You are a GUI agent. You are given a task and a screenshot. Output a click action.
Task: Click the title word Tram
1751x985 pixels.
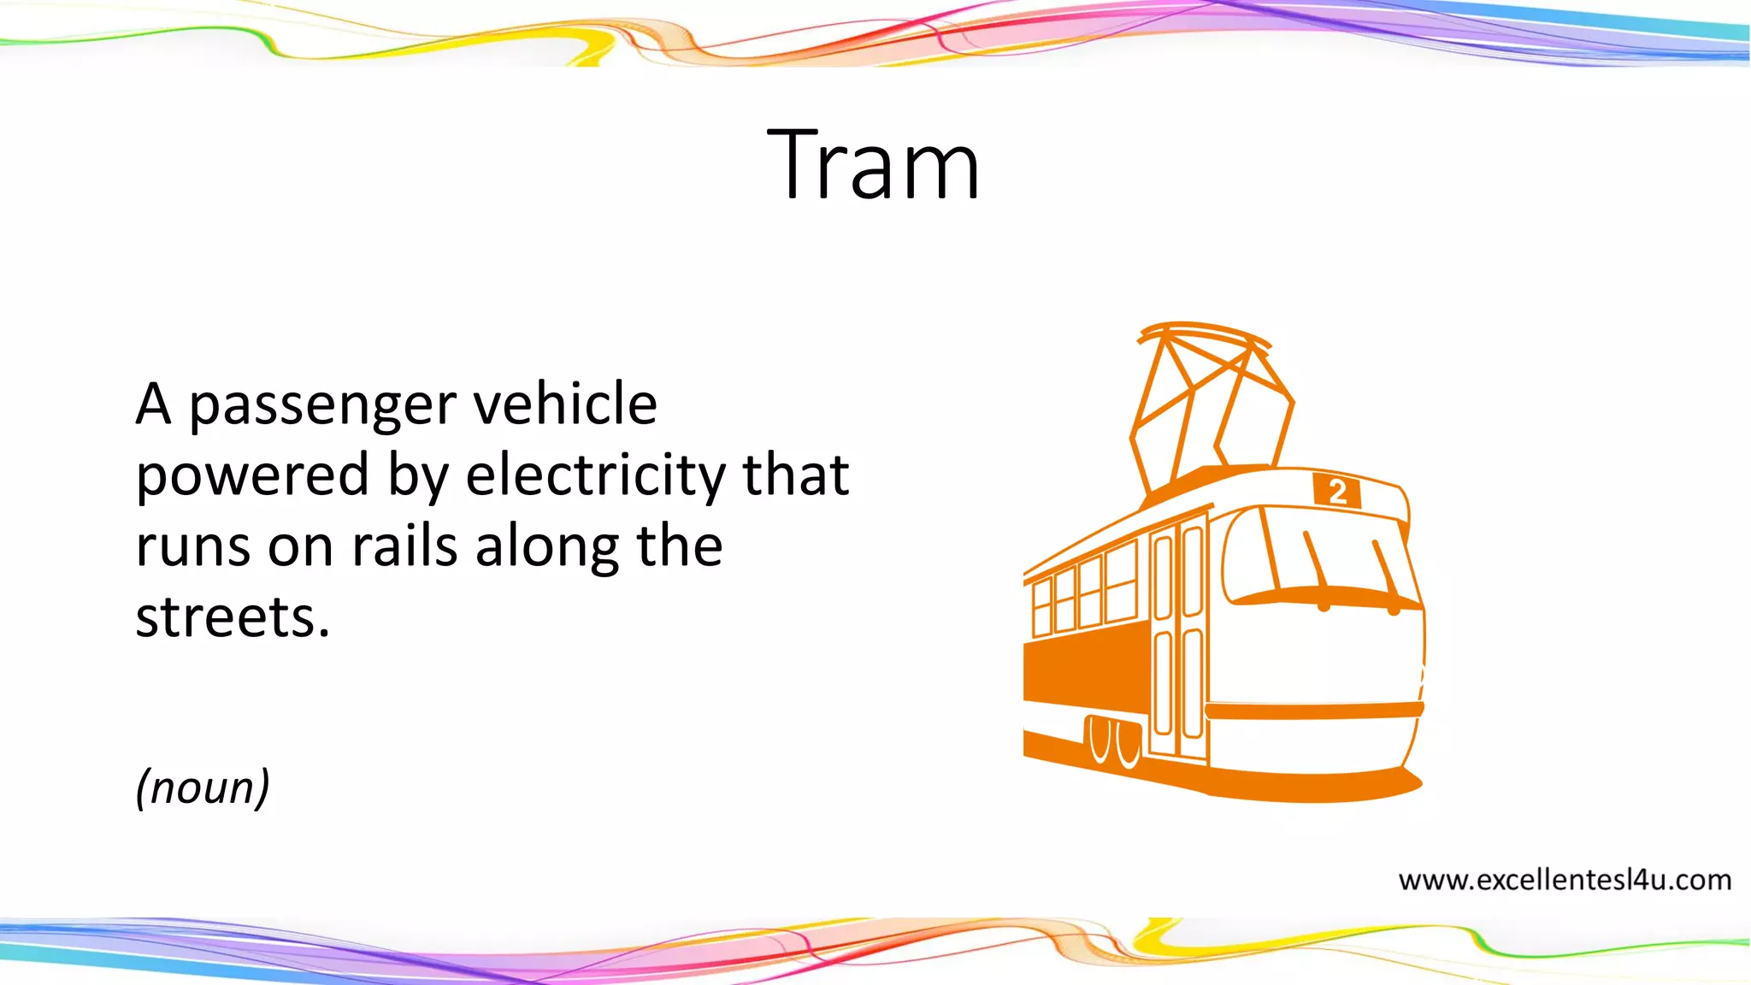(873, 164)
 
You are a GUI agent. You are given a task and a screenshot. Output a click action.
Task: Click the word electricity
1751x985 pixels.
(595, 475)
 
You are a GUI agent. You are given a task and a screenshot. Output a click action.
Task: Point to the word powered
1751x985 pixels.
(252, 475)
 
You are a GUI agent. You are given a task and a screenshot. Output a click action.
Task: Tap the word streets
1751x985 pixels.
(232, 616)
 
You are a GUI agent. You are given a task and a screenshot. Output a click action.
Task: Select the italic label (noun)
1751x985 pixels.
(203, 787)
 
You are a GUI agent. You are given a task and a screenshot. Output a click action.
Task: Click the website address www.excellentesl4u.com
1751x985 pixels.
(1565, 880)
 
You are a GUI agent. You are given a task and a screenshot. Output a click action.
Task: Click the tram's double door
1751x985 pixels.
(1178, 637)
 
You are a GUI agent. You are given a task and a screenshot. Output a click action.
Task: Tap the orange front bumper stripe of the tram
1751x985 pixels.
(1314, 710)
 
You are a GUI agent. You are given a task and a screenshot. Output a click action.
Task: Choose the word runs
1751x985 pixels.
(193, 547)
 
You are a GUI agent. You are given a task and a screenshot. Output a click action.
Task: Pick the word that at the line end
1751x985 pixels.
(796, 475)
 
